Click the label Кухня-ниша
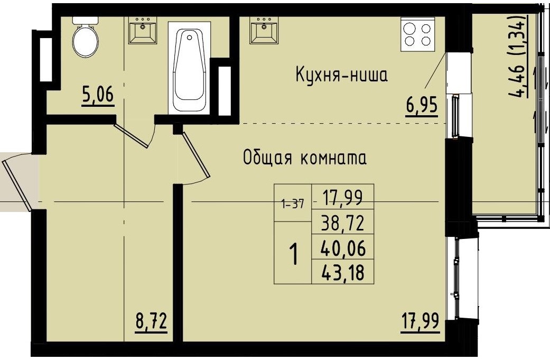pyautogui.click(x=341, y=76)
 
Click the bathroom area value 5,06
pyautogui.click(x=98, y=96)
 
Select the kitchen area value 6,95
pyautogui.click(x=421, y=106)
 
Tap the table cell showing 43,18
pyautogui.click(x=343, y=272)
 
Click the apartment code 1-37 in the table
pyautogui.click(x=293, y=204)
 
